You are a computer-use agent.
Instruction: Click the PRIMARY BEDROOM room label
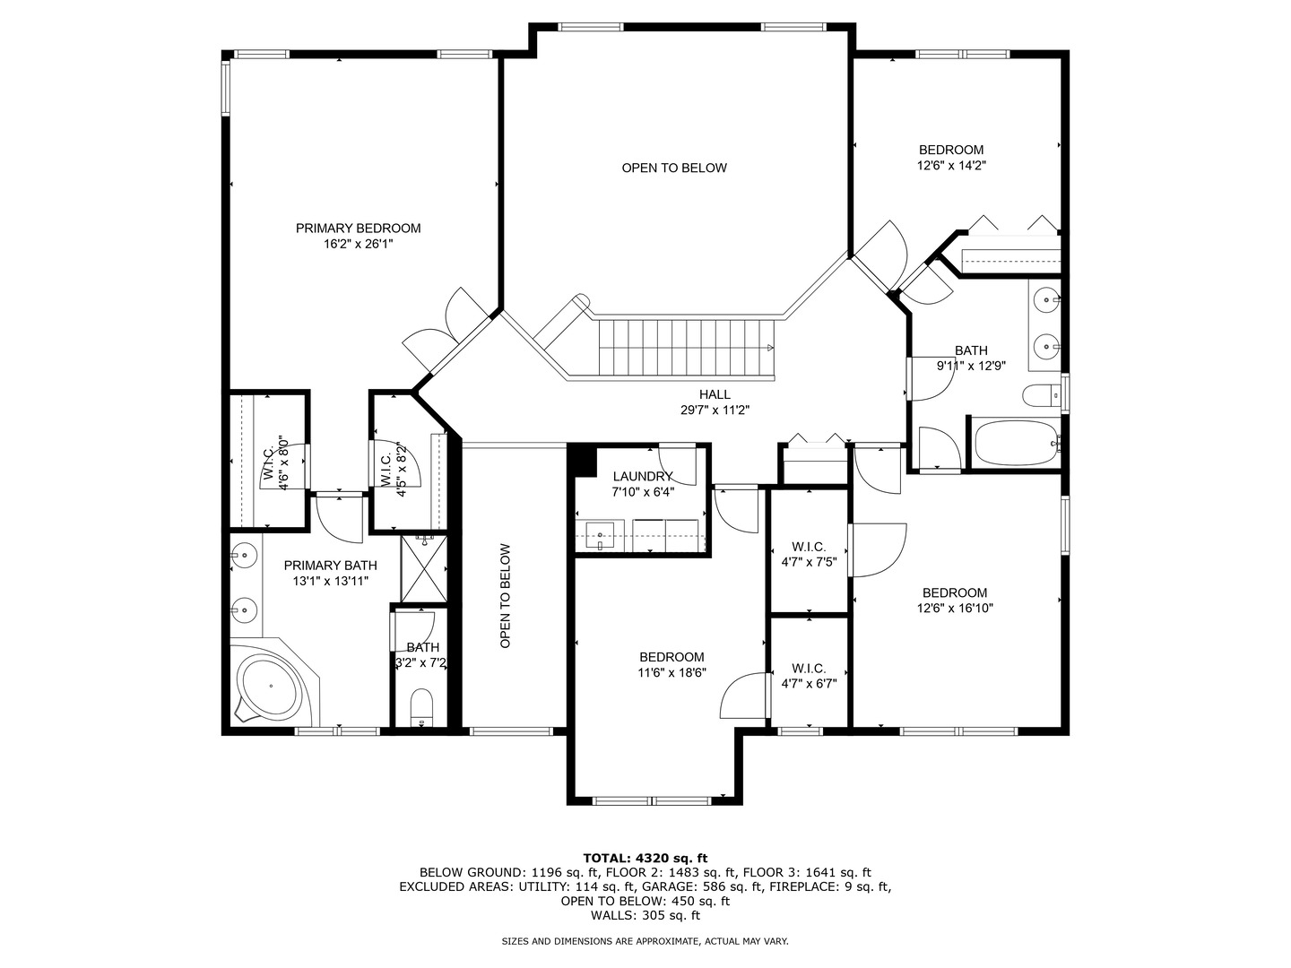(x=358, y=228)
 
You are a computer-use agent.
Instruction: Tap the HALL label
(x=715, y=394)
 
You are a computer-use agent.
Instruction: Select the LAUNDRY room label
(x=642, y=476)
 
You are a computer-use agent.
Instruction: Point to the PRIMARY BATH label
(x=330, y=566)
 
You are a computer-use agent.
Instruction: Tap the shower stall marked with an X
(x=424, y=568)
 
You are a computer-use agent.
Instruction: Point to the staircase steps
(x=686, y=348)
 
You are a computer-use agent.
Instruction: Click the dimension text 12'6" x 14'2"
(x=951, y=165)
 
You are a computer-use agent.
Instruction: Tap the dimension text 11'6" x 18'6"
(x=671, y=672)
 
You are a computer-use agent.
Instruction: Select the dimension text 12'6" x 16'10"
(x=955, y=609)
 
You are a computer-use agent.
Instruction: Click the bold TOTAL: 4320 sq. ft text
(x=645, y=858)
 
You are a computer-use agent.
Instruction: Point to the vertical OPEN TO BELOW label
(x=506, y=596)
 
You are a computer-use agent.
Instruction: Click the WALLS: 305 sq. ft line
(x=645, y=915)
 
